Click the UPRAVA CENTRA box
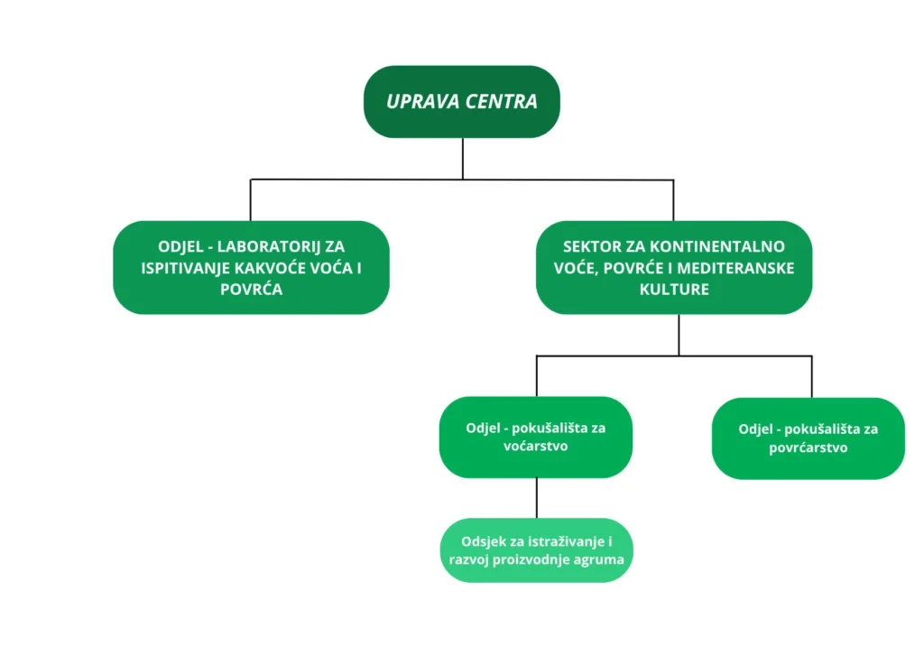coord(461,101)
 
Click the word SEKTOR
coord(595,246)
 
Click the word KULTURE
coord(673,290)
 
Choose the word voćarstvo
coord(534,446)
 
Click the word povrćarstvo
coord(808,447)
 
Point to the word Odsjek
coord(484,540)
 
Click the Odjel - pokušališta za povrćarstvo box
coord(808,438)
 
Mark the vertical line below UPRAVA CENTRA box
coord(462,158)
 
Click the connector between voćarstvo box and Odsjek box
coord(537,497)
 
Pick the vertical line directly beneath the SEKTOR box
coord(679,334)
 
